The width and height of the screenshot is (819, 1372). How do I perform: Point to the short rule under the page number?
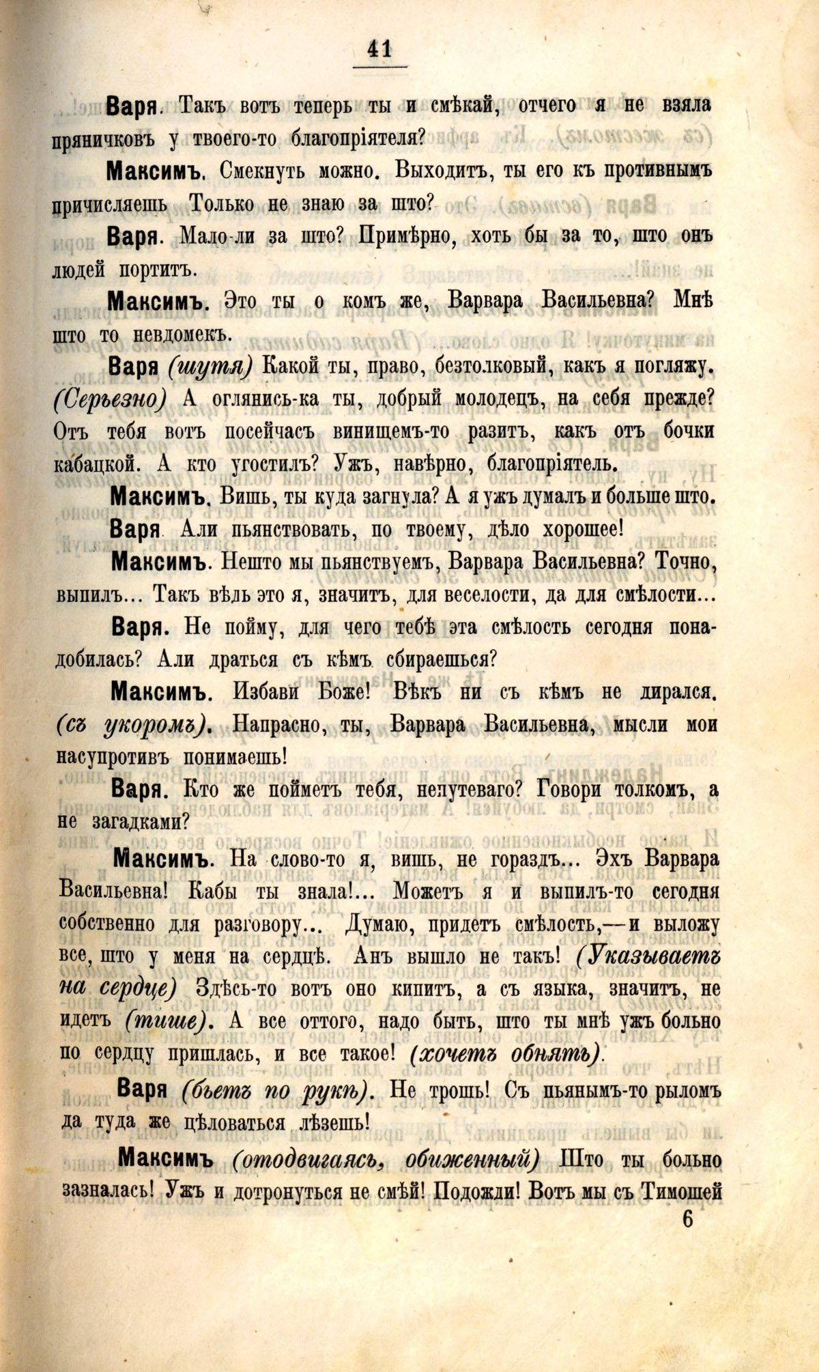pyautogui.click(x=379, y=66)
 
